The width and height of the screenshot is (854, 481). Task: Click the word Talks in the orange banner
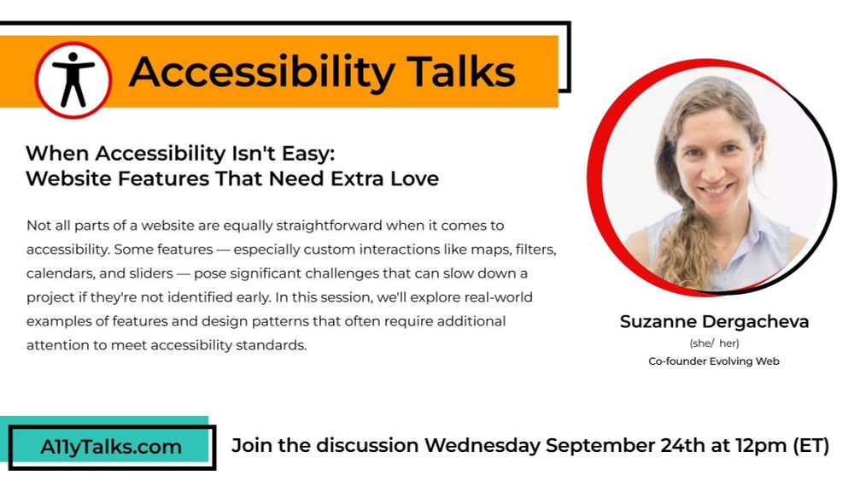(x=460, y=72)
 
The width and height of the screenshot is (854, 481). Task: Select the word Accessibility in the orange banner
(x=260, y=72)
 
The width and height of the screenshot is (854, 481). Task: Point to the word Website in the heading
(x=62, y=179)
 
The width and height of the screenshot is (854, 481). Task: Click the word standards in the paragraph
(x=272, y=345)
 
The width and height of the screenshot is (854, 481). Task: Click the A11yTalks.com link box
(x=111, y=447)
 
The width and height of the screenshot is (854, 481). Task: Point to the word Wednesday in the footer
(x=482, y=446)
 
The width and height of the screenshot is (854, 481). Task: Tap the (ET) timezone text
(x=811, y=446)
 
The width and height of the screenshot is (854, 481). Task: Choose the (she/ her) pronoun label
(x=714, y=343)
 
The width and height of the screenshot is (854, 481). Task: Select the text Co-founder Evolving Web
(x=714, y=361)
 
